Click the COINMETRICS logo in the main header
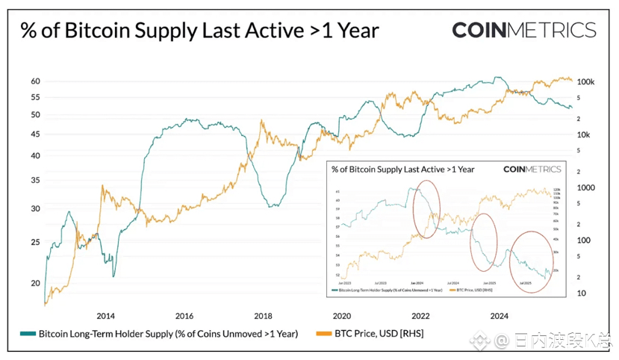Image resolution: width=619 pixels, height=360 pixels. click(523, 31)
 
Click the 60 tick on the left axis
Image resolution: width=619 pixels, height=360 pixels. click(35, 81)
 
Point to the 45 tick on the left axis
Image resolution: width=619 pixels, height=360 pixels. click(35, 134)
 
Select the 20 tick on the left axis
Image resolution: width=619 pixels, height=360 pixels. click(35, 283)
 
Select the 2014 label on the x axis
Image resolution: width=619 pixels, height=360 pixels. click(105, 315)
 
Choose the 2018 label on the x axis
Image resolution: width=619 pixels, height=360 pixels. click(263, 315)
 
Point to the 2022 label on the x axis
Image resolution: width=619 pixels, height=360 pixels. click(420, 315)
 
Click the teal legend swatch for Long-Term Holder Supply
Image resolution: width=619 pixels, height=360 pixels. click(28, 334)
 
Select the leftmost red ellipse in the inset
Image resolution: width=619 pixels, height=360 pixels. click(426, 211)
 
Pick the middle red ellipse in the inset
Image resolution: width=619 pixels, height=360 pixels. click(486, 241)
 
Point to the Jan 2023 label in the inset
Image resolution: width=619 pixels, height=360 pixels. click(344, 284)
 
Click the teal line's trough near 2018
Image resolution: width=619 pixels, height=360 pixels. click(274, 205)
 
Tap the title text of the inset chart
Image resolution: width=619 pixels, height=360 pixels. click(403, 170)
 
